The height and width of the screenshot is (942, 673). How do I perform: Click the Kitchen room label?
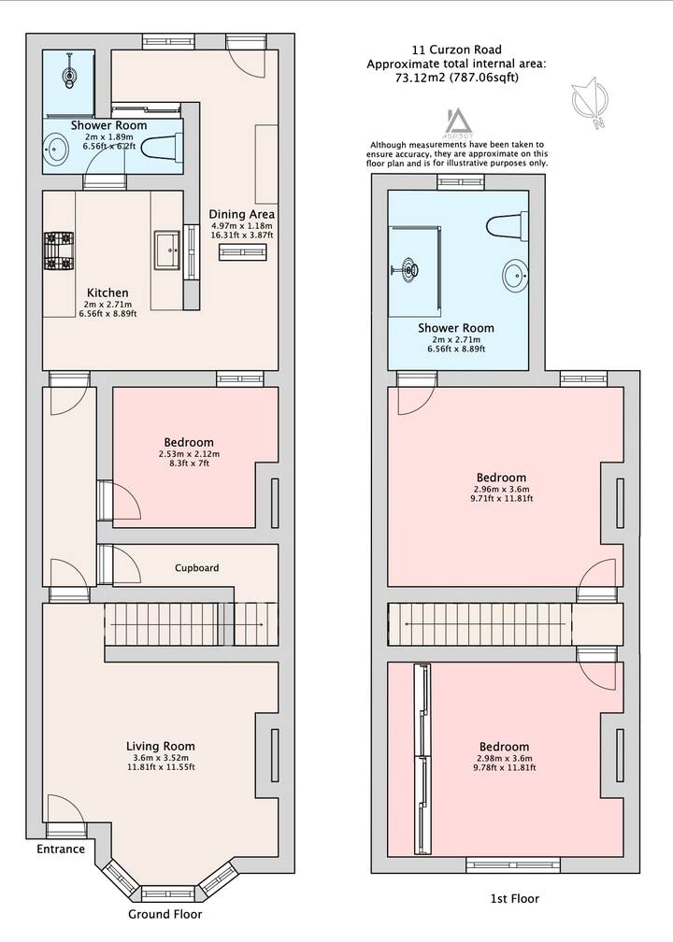coord(107,293)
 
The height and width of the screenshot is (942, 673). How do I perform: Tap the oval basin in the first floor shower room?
coord(516,275)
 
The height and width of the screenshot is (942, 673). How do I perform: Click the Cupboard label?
coord(196,568)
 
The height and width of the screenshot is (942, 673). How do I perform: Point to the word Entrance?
coord(61,849)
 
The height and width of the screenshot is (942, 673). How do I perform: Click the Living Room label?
coord(161,746)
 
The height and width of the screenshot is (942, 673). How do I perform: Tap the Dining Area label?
coord(241,214)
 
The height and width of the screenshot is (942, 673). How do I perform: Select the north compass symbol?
coord(590,103)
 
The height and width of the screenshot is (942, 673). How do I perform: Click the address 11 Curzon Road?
coord(457,50)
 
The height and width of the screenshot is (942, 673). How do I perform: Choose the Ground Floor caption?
coord(165,914)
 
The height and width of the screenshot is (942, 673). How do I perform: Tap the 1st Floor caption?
coord(515,899)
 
